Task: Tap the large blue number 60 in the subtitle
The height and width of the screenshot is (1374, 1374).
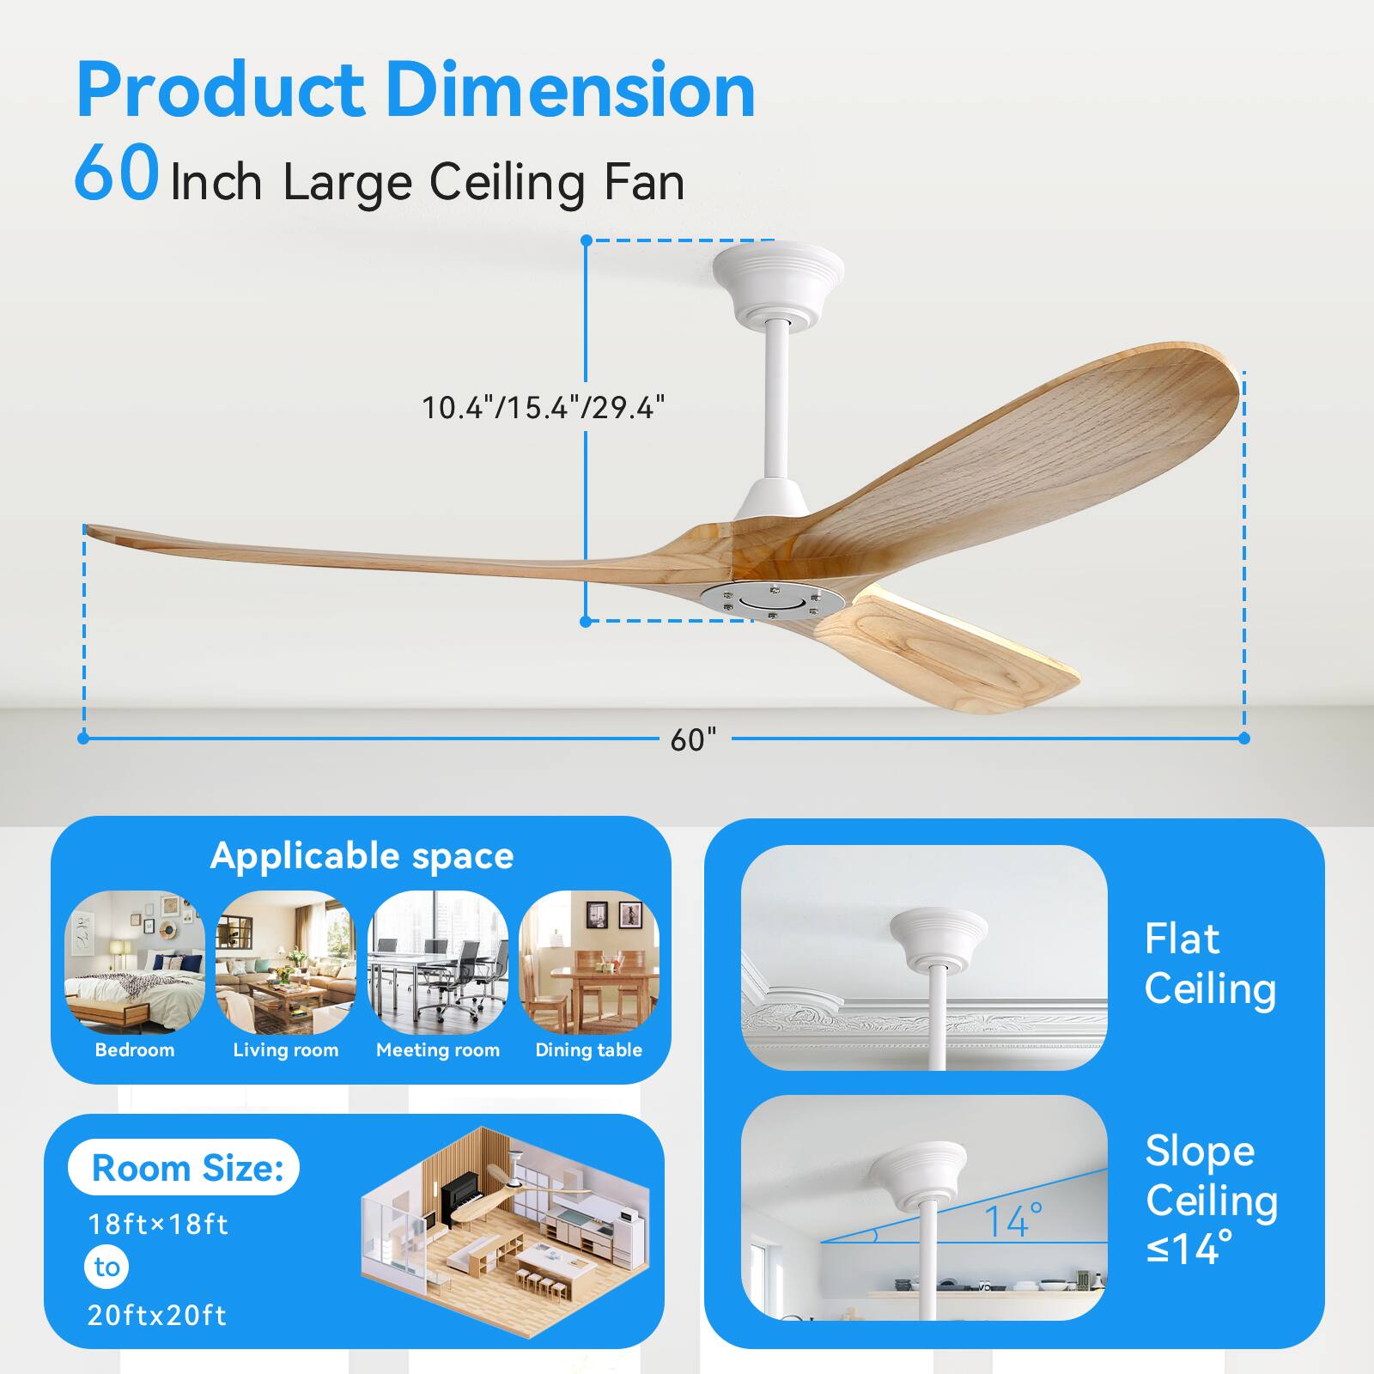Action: [x=117, y=174]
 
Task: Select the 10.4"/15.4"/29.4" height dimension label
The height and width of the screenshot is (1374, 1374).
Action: [x=544, y=406]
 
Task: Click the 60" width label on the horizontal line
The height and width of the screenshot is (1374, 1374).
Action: [x=693, y=739]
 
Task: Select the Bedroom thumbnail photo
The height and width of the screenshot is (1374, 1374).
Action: [x=135, y=962]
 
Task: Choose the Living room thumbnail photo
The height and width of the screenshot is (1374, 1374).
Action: [x=286, y=962]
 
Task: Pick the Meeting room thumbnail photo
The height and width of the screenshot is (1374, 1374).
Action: [x=438, y=962]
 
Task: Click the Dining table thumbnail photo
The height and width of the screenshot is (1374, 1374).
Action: [x=589, y=962]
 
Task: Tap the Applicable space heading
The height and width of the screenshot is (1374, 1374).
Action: [x=362, y=856]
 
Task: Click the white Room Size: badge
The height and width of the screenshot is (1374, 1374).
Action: [x=184, y=1167]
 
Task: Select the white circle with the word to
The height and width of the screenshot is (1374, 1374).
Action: [x=107, y=1267]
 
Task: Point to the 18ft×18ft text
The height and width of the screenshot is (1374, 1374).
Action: [x=158, y=1224]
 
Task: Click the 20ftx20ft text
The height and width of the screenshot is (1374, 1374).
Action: [x=157, y=1315]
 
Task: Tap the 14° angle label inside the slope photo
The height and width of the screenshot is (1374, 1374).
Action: [x=1013, y=1220]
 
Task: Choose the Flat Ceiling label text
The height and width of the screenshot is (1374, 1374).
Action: [x=1210, y=964]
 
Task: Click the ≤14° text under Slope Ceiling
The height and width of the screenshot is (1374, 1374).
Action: [x=1189, y=1248]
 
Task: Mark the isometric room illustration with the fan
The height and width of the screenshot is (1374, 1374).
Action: [x=504, y=1225]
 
